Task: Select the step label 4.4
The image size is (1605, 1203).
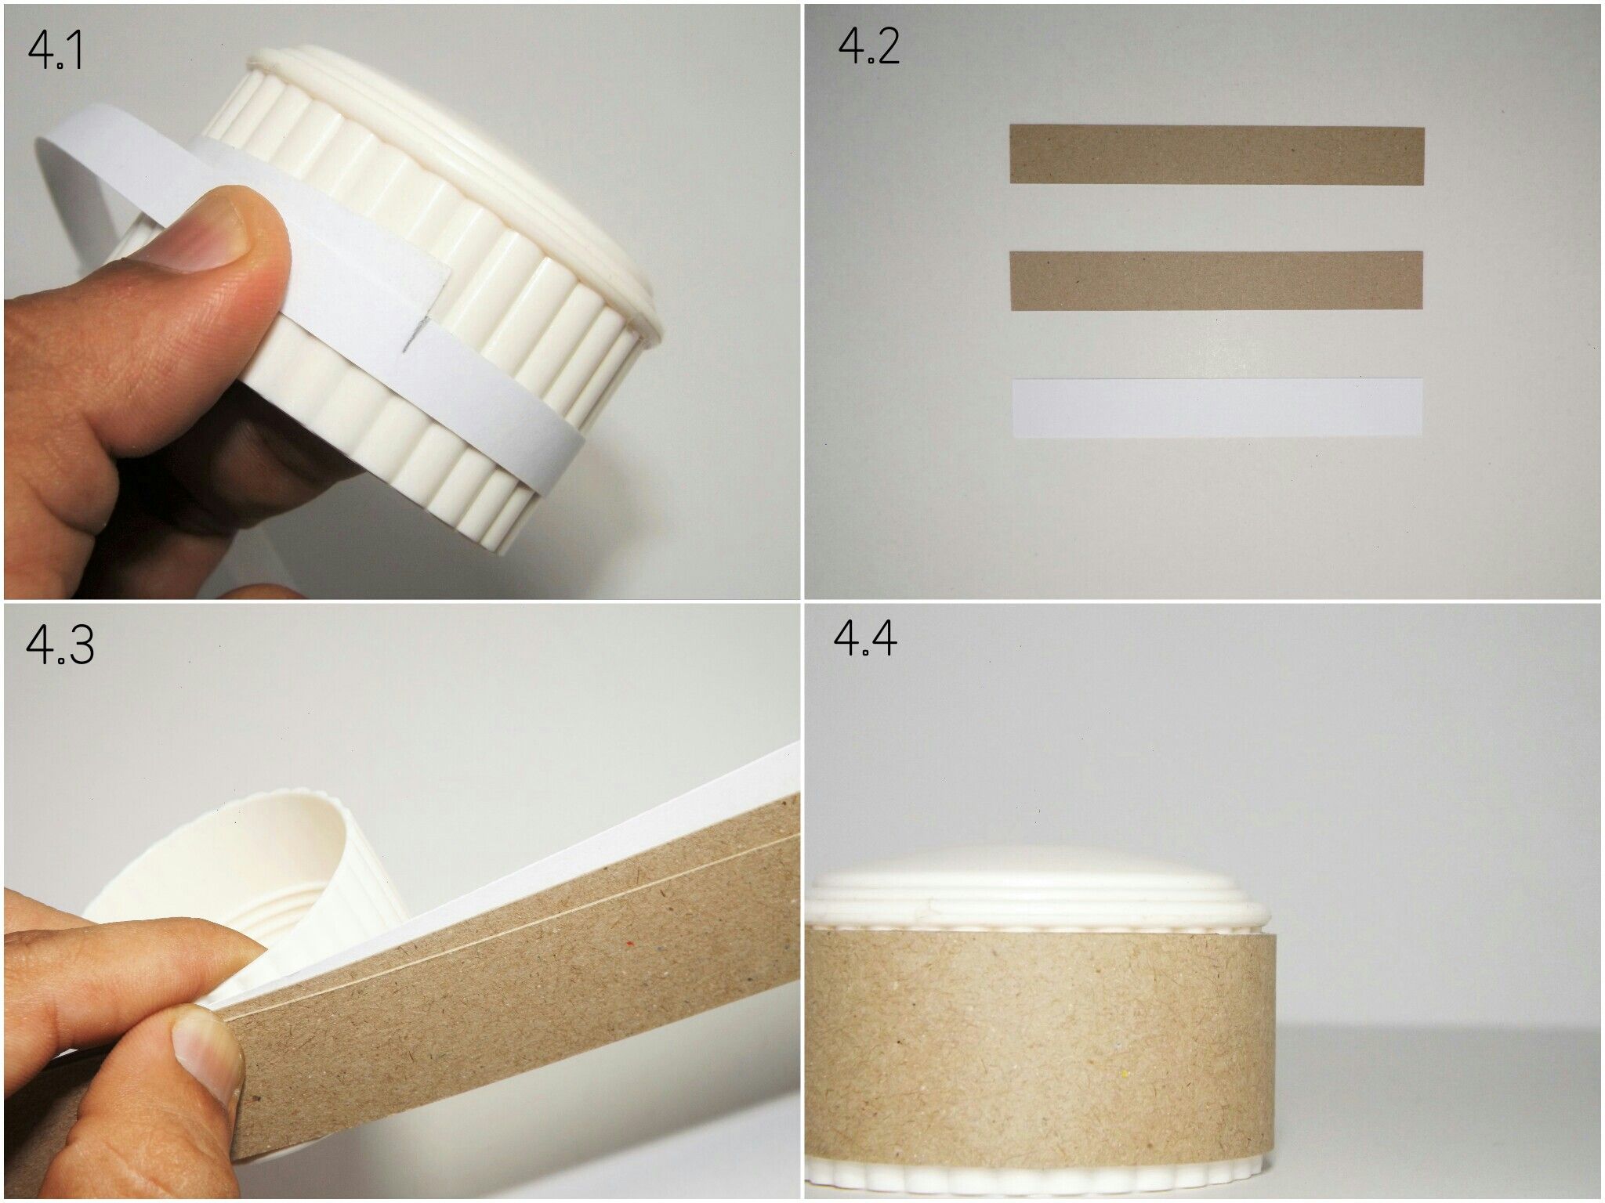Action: (865, 639)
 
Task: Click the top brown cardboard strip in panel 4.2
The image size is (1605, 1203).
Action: (1216, 155)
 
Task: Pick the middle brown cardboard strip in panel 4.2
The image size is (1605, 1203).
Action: (1216, 280)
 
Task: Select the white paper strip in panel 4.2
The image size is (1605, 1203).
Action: (1216, 407)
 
